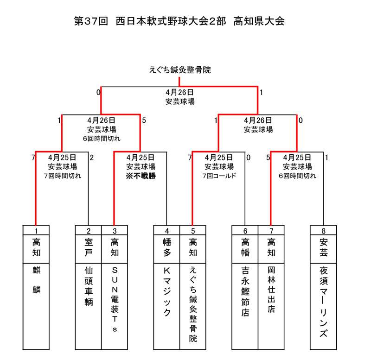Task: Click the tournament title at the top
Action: click(x=179, y=21)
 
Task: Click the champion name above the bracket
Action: click(x=180, y=70)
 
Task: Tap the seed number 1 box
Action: click(x=36, y=230)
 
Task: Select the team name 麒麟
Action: click(x=36, y=280)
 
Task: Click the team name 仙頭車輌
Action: click(x=89, y=286)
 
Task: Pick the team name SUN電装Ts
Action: click(x=115, y=299)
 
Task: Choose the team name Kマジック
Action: click(x=167, y=292)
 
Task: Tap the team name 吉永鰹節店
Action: click(x=245, y=291)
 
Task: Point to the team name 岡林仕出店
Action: click(x=271, y=290)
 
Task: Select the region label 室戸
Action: click(x=89, y=247)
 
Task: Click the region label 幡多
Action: click(x=167, y=247)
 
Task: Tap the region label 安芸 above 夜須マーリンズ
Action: click(x=323, y=247)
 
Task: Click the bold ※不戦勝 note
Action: click(x=141, y=176)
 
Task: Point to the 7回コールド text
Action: click(x=219, y=176)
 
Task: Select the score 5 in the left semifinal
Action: click(x=144, y=120)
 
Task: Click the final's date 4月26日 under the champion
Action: click(x=179, y=92)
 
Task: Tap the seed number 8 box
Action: click(x=323, y=230)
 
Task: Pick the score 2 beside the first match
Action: click(x=92, y=158)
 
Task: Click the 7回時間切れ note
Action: click(x=63, y=176)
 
